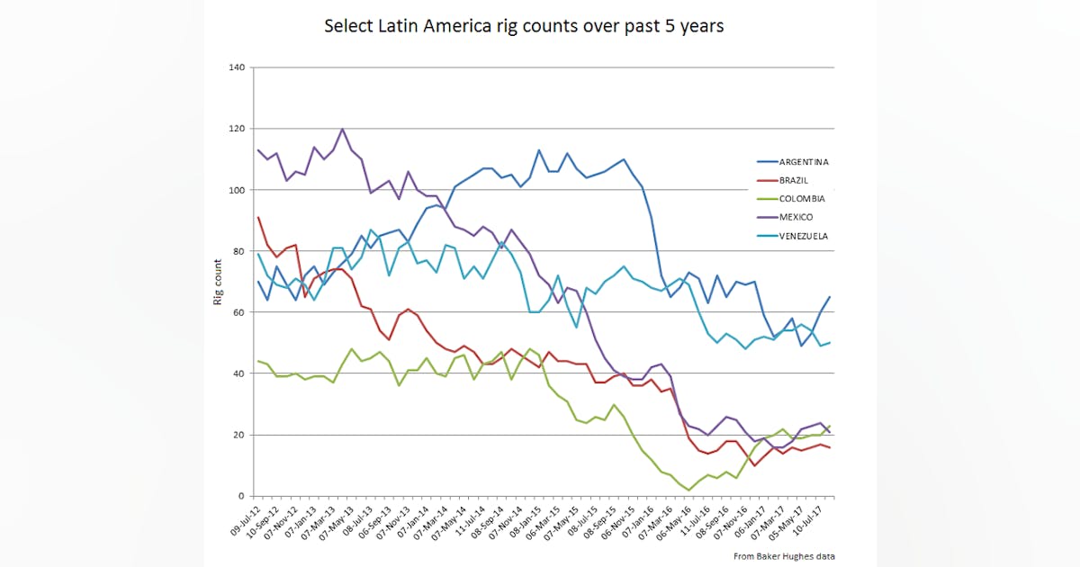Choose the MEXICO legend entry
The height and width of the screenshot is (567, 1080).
point(795,218)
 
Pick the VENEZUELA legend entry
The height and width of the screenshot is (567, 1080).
point(803,236)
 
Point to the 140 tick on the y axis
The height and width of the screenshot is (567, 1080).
point(238,67)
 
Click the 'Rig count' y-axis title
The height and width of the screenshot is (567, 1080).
point(218,282)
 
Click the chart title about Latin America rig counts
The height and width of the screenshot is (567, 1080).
point(524,26)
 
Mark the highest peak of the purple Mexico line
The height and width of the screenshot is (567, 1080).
point(343,129)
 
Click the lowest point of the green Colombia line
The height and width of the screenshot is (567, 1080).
point(688,490)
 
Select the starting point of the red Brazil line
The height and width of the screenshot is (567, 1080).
point(258,217)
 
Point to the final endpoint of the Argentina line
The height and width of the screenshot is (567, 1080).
point(829,297)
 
